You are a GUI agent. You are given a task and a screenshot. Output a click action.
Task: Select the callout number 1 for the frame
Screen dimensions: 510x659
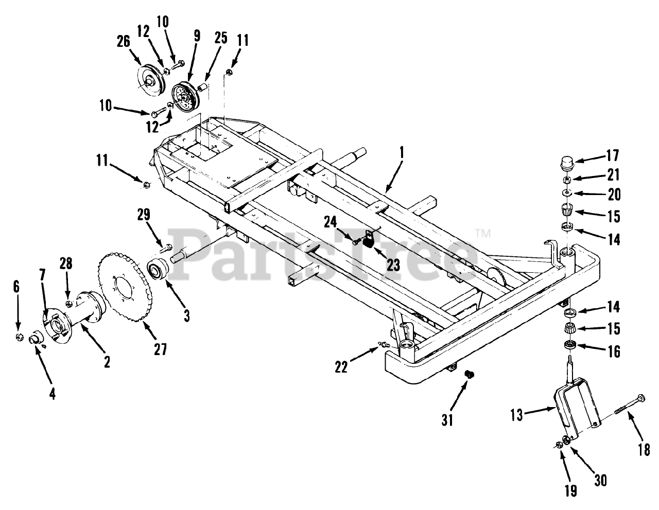(402, 153)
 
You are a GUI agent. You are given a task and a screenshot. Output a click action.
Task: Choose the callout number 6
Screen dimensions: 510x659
(16, 287)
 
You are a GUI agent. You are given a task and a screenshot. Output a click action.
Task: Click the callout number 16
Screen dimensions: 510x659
(613, 351)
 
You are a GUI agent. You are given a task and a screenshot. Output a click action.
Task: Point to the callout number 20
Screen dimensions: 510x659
(614, 195)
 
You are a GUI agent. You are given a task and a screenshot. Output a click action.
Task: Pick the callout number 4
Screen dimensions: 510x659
(53, 394)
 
